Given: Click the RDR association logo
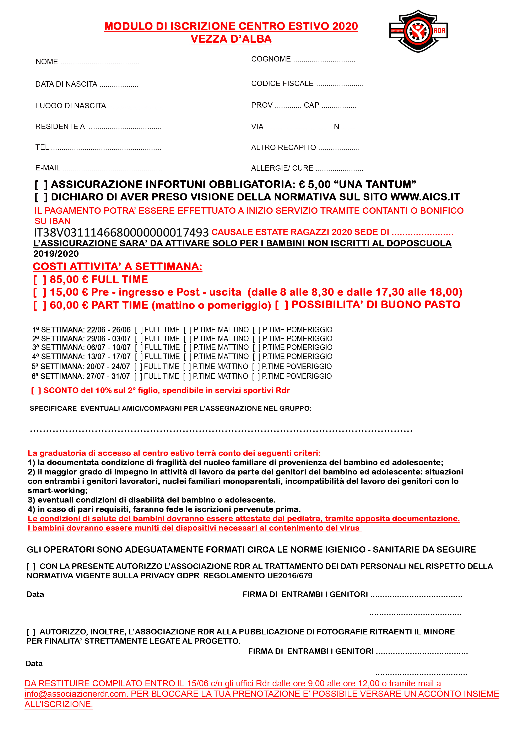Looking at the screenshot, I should click(418, 31).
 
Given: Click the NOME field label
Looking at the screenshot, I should click(47, 62).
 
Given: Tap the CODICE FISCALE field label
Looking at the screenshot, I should click(282, 84).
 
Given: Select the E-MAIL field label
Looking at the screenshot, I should click(48, 168).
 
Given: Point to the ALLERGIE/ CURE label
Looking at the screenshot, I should click(282, 168).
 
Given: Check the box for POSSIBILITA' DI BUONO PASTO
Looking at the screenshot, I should click(281, 305).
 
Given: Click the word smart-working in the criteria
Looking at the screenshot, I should click(57, 491).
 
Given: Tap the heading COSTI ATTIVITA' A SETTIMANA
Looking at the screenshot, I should click(117, 267).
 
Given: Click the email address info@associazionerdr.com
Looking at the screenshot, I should click(76, 694).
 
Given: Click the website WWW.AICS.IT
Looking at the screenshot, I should click(425, 197).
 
